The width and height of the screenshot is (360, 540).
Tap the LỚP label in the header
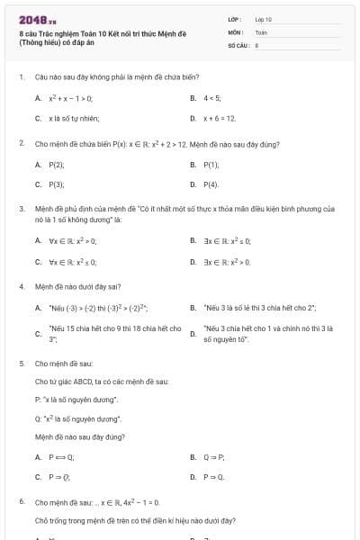coord(235,19)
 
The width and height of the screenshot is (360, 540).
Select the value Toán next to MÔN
coord(262,31)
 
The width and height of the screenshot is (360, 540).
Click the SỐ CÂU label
coord(238,44)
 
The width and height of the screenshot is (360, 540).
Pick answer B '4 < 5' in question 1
coord(212,97)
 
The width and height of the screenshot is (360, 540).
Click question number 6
coord(21,501)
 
